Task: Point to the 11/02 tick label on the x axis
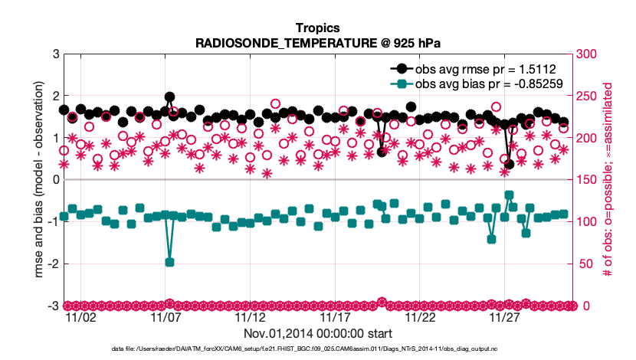pyautogui.click(x=81, y=317)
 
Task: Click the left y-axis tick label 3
pyautogui.click(x=56, y=54)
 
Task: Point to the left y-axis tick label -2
pyautogui.click(x=54, y=264)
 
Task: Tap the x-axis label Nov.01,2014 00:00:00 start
pyautogui.click(x=318, y=333)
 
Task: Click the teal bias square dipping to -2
pyautogui.click(x=169, y=262)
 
